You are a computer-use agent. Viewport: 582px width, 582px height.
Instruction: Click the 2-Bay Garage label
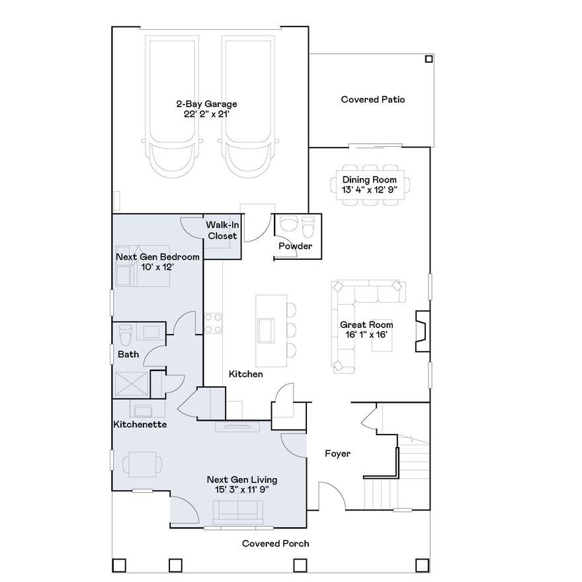pyautogui.click(x=206, y=104)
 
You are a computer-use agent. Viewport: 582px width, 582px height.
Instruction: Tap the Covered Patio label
pyautogui.click(x=372, y=100)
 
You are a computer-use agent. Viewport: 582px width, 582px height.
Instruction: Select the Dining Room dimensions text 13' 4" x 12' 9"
pyautogui.click(x=369, y=190)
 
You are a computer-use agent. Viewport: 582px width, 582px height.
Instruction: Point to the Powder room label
pyautogui.click(x=295, y=247)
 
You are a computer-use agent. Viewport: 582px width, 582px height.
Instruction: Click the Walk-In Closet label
pyautogui.click(x=222, y=231)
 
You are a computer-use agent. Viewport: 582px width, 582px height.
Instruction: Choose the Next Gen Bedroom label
pyautogui.click(x=157, y=257)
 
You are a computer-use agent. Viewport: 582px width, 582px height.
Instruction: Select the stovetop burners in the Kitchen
pyautogui.click(x=213, y=323)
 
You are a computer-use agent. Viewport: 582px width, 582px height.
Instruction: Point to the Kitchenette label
pyautogui.click(x=140, y=424)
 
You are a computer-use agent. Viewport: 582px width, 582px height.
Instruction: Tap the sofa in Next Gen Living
pyautogui.click(x=237, y=512)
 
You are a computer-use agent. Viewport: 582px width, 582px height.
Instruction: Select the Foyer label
pyautogui.click(x=337, y=454)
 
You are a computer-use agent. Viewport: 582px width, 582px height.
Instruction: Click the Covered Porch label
pyautogui.click(x=275, y=544)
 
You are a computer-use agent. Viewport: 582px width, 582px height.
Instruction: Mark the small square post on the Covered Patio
pyautogui.click(x=429, y=59)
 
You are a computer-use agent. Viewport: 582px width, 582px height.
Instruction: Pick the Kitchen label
pyautogui.click(x=245, y=374)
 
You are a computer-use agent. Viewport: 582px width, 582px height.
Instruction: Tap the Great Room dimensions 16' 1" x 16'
pyautogui.click(x=366, y=335)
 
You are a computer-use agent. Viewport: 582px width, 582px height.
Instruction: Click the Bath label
pyautogui.click(x=128, y=354)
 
